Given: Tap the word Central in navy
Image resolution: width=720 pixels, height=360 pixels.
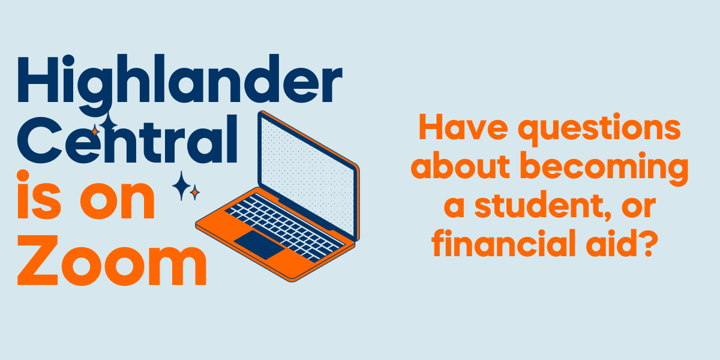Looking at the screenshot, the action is pos(127,139).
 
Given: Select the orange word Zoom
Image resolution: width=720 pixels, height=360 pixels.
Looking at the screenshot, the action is pos(112,260).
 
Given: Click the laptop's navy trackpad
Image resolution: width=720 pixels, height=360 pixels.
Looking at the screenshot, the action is pos(259,244).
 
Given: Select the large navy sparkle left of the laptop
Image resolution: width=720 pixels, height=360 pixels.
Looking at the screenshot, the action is pos(181,186).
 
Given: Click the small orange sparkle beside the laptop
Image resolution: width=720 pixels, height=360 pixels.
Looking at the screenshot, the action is pos(194,193).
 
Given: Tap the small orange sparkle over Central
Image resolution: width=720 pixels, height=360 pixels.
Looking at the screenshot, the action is pos(95,131).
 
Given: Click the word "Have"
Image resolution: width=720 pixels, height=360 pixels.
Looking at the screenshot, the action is pos(463,127).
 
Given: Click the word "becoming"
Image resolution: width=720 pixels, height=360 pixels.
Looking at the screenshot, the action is pos(604,169).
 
